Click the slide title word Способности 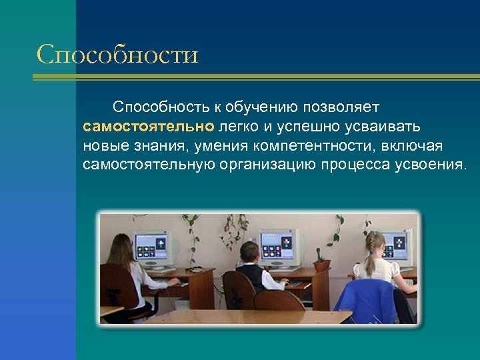117,54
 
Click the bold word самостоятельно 148,126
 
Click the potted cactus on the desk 321,261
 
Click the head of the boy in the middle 249,252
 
